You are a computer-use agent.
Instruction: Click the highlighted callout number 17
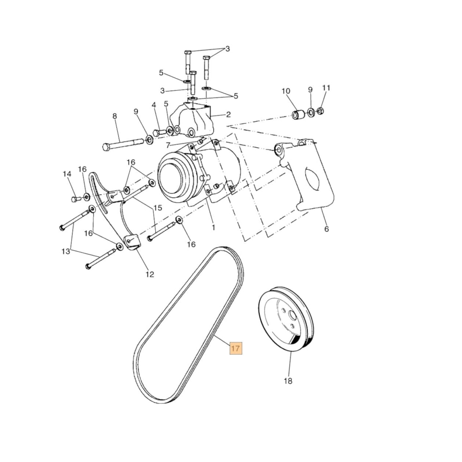[236, 348]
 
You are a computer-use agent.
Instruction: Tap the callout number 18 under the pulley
[288, 381]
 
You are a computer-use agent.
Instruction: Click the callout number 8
[115, 116]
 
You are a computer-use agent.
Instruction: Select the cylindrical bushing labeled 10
[298, 114]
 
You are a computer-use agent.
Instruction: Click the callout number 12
[150, 274]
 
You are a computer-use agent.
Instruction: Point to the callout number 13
[66, 252]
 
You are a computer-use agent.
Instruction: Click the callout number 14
[67, 174]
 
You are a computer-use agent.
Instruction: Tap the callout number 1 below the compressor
[213, 228]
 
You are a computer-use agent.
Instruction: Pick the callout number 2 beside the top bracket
[228, 115]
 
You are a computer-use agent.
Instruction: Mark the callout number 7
[168, 145]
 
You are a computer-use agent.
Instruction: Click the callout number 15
[158, 208]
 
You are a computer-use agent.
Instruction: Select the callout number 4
[154, 105]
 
